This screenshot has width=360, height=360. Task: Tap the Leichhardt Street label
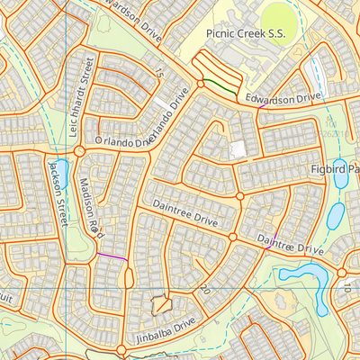[x=82, y=97]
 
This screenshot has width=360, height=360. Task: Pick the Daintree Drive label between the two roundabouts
[x=188, y=219]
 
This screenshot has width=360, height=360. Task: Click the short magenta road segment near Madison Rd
[x=112, y=257]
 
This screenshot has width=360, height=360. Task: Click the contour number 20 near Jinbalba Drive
[x=205, y=289]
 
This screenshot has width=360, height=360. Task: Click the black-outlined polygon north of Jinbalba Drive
[x=161, y=305]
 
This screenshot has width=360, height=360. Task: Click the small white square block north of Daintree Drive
[x=238, y=149]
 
